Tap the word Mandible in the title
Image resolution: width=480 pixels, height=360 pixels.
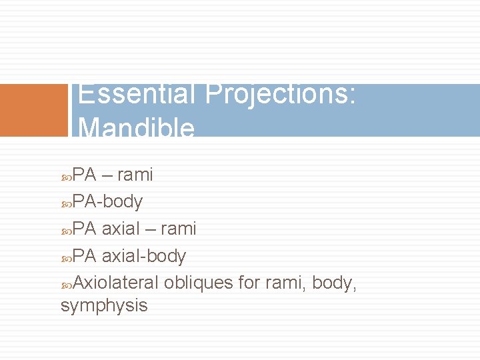137,128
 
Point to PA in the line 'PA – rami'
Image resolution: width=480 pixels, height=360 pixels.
85,175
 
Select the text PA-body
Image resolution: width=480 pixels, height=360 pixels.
107,201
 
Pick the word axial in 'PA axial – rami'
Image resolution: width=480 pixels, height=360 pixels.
123,229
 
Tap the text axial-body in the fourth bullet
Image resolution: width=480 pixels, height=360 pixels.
144,256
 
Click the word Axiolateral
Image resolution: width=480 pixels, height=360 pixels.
115,283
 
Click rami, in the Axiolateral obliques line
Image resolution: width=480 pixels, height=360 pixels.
285,283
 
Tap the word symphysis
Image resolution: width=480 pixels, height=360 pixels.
104,306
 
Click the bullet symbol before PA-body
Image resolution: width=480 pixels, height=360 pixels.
66,202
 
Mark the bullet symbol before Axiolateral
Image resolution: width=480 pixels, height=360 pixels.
66,284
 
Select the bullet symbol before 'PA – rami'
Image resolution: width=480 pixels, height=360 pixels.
66,175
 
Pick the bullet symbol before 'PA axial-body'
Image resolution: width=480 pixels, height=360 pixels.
66,257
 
